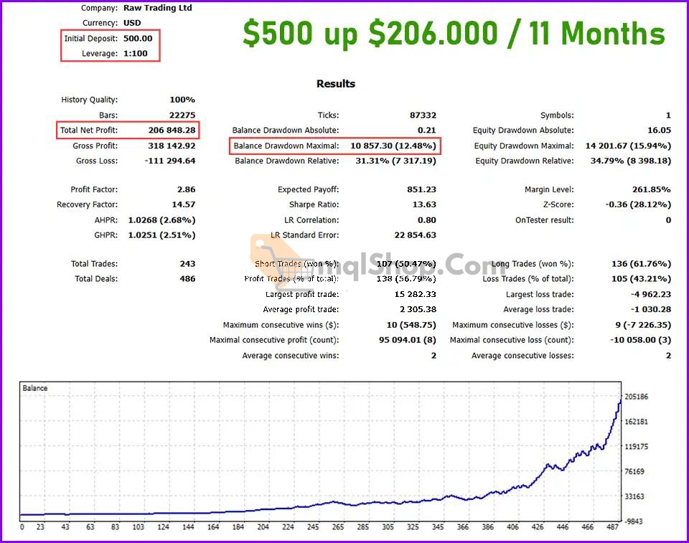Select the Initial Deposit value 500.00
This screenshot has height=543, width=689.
click(x=138, y=38)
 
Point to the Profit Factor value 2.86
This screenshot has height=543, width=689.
click(x=186, y=190)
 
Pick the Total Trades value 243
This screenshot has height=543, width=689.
click(x=187, y=264)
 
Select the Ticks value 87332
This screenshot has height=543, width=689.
click(x=421, y=115)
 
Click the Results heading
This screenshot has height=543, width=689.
click(x=336, y=84)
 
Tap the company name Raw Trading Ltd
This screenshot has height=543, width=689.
click(x=158, y=9)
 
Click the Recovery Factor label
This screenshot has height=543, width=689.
click(x=87, y=205)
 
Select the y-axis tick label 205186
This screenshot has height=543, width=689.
click(x=637, y=397)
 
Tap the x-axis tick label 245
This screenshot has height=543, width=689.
click(x=313, y=527)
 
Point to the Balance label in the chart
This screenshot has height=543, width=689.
click(x=35, y=389)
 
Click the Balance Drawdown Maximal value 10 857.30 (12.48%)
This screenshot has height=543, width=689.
click(x=393, y=146)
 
